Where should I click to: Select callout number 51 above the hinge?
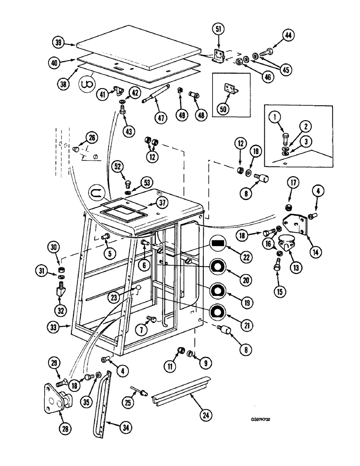(x=218, y=28)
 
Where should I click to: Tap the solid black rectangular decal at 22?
(x=217, y=243)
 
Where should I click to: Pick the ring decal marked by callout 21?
(x=217, y=312)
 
